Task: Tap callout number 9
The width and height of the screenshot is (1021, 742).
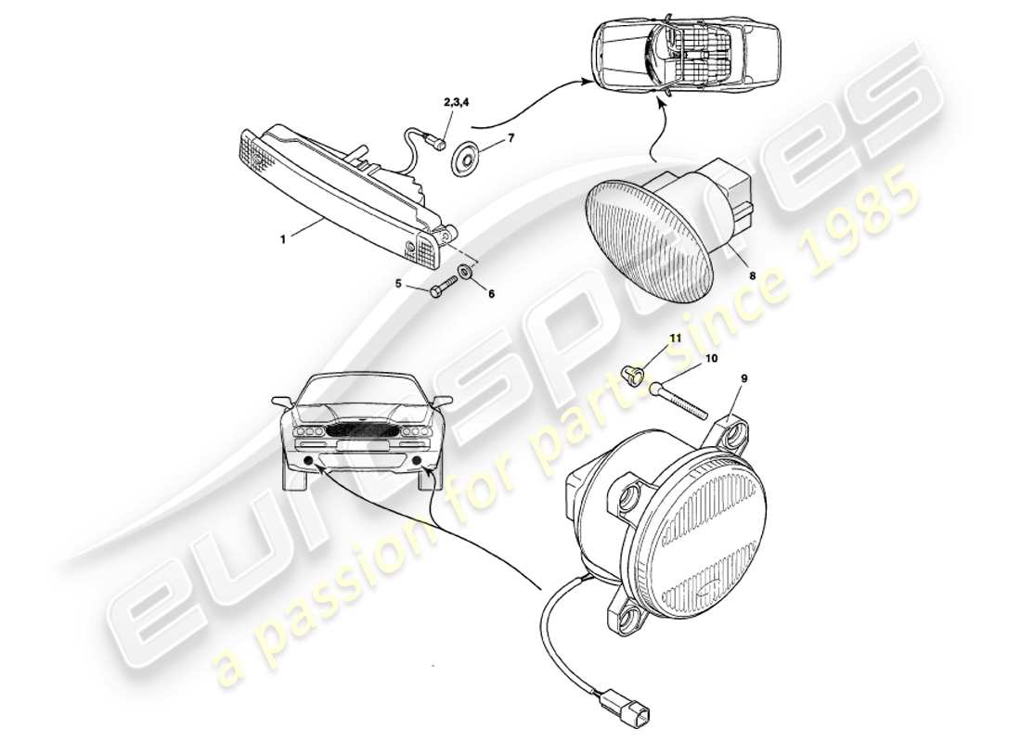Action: (743, 378)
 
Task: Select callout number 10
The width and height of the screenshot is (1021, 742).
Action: (711, 357)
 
